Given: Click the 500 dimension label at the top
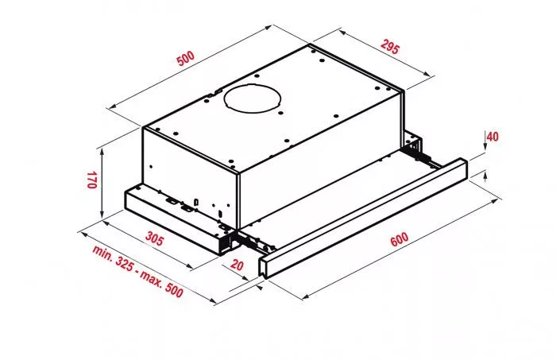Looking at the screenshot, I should click(186, 59).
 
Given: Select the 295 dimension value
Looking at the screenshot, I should click(387, 46).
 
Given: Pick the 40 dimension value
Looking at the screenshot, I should click(492, 137).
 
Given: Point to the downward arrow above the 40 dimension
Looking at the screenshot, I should click(484, 141).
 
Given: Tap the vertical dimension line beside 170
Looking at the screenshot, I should click(102, 182).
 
